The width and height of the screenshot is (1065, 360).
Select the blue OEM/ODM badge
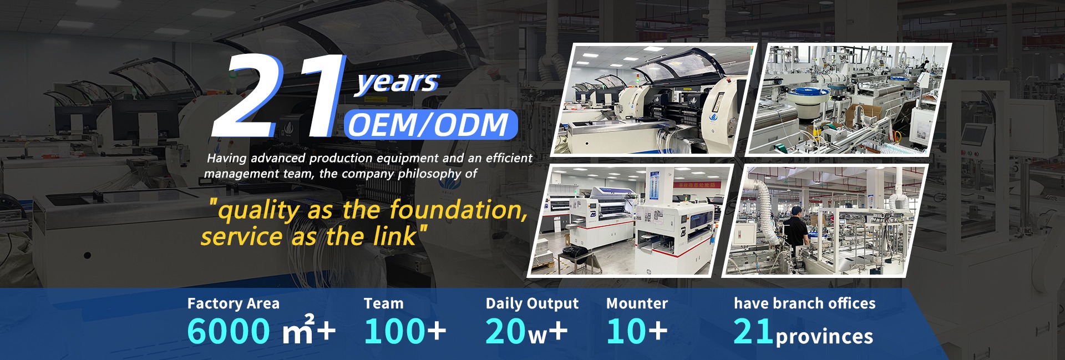click(430, 124)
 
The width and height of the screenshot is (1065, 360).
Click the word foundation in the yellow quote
click(458, 210)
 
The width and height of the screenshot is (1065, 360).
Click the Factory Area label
click(234, 303)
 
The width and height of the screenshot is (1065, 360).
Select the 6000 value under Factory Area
click(228, 331)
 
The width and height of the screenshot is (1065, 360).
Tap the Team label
click(384, 303)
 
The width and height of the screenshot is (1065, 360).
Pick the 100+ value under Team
click(405, 331)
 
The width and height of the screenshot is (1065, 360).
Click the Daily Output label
click(532, 304)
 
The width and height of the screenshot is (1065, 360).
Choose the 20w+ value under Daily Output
click(526, 331)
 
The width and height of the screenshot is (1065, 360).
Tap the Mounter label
click(637, 303)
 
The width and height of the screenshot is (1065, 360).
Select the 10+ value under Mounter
click(637, 331)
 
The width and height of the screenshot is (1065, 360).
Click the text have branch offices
click(805, 303)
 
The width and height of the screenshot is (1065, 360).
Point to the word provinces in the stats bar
click(824, 337)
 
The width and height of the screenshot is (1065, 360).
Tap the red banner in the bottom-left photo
click(697, 184)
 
